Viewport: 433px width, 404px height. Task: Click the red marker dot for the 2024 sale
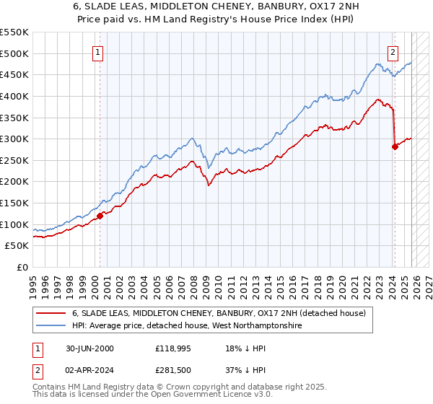(x=395, y=146)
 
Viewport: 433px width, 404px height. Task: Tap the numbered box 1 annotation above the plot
(x=97, y=51)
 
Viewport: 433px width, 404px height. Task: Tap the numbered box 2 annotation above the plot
(x=393, y=51)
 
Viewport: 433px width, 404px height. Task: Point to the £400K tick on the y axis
(x=14, y=96)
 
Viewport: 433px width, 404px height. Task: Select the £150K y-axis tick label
(x=14, y=203)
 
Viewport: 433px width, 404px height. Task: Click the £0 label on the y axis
(x=22, y=268)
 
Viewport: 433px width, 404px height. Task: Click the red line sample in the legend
(x=51, y=314)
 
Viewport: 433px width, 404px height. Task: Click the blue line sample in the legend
(x=51, y=326)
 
